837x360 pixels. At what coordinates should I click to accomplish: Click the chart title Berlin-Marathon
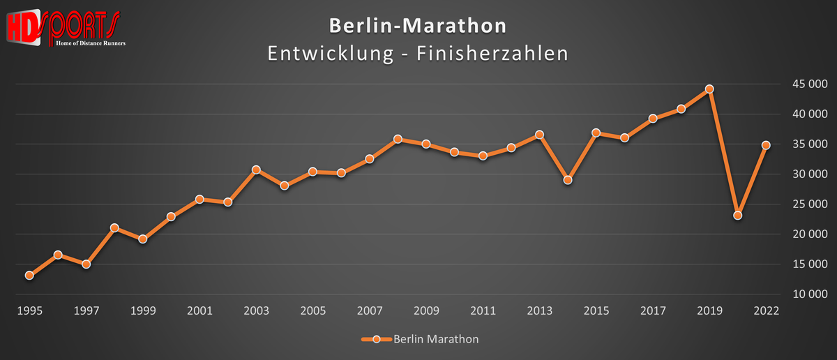[x=418, y=26]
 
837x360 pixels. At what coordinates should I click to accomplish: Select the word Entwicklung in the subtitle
[x=331, y=54]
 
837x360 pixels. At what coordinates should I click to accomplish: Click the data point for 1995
[x=29, y=276]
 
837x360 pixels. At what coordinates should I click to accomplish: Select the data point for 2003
[x=256, y=170]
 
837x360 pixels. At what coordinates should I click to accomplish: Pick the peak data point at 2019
[x=709, y=89]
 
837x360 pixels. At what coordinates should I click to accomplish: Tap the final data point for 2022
[x=766, y=145]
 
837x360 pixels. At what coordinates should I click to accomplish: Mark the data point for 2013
[x=539, y=135]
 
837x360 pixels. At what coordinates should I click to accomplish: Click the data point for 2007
[x=370, y=159]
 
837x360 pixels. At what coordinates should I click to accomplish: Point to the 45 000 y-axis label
[x=808, y=84]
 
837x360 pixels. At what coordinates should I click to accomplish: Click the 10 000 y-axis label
[x=808, y=294]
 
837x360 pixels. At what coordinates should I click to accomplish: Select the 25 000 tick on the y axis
[x=808, y=204]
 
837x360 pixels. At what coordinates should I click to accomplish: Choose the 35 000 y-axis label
[x=808, y=144]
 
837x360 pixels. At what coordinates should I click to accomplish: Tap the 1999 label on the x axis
[x=142, y=310]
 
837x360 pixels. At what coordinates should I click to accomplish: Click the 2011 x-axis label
[x=483, y=310]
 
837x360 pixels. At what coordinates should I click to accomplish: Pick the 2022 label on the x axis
[x=766, y=310]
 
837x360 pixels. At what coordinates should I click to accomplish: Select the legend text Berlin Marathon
[x=436, y=340]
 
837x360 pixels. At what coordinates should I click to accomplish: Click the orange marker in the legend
[x=377, y=340]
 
